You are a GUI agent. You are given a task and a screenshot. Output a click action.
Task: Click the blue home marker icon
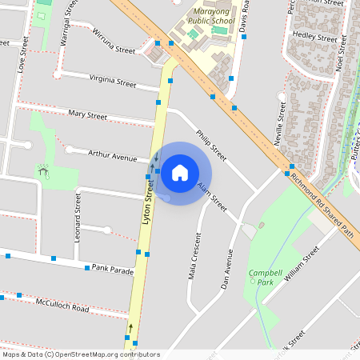pos(180,172)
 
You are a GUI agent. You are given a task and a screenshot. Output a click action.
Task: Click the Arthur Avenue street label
pos(113,155)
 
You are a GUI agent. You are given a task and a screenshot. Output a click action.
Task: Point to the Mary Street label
pos(88,116)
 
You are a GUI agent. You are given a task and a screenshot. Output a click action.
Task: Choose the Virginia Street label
pos(114,81)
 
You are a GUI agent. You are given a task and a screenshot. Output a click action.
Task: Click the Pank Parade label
pos(113,270)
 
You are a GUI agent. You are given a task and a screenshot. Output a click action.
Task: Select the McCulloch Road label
pos(62,305)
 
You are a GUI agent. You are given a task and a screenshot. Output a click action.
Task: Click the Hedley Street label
pos(315,36)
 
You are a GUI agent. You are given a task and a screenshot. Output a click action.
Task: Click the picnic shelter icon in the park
pos(42,170)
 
